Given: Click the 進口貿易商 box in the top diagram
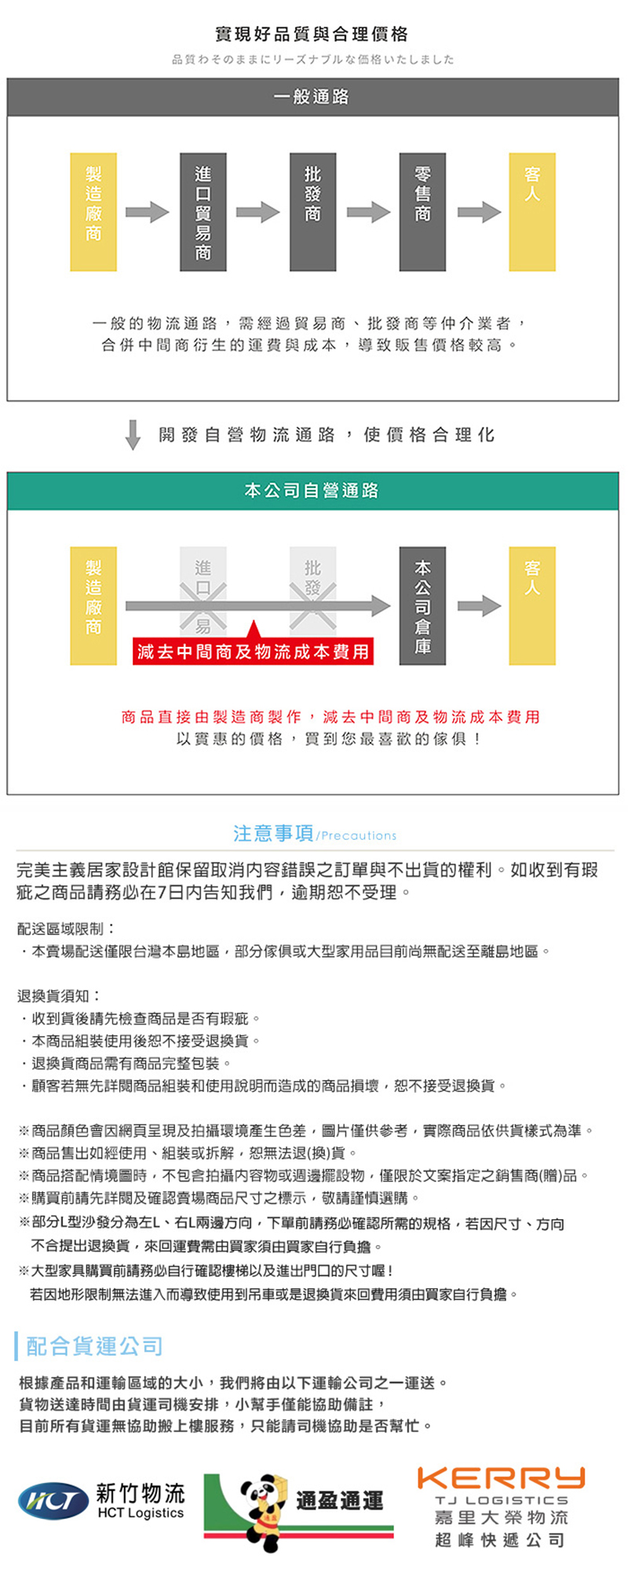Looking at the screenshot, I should pyautogui.click(x=203, y=212).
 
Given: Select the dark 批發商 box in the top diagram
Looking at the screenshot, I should pyautogui.click(x=312, y=212).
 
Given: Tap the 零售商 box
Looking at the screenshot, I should pyautogui.click(x=422, y=212).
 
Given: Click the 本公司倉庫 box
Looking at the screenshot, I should pyautogui.click(x=422, y=605).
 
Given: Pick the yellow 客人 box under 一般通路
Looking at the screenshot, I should pyautogui.click(x=532, y=212).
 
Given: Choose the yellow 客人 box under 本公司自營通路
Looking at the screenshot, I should pyautogui.click(x=532, y=605).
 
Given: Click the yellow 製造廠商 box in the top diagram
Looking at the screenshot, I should pyautogui.click(x=93, y=212).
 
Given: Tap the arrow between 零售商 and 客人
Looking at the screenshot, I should pyautogui.click(x=479, y=212).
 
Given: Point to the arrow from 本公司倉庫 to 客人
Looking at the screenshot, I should pyautogui.click(x=479, y=605).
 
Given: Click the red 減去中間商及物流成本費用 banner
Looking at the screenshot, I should pyautogui.click(x=253, y=652).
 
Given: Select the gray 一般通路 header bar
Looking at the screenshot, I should pyautogui.click(x=312, y=97).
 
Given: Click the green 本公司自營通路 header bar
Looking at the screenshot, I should pyautogui.click(x=312, y=491).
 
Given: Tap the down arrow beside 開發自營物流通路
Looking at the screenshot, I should pyautogui.click(x=133, y=434).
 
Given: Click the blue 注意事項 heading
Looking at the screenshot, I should pyautogui.click(x=273, y=833).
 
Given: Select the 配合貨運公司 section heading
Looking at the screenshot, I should pyautogui.click(x=94, y=1346).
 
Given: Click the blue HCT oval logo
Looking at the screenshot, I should pyautogui.click(x=53, y=1502).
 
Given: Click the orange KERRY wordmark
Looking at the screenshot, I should pyautogui.click(x=501, y=1478).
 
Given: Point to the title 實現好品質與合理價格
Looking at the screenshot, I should pyautogui.click(x=312, y=34).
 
